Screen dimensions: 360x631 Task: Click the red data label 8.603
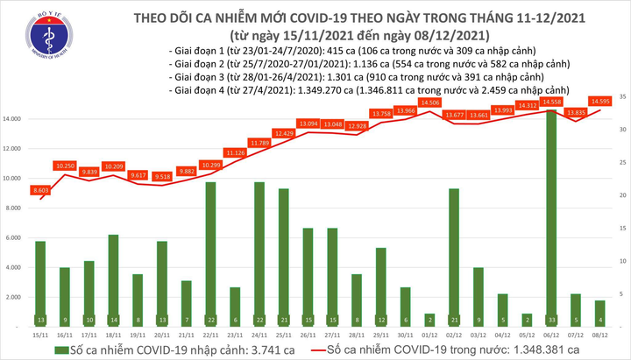tap(40, 190)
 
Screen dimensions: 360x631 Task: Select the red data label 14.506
tap(429, 102)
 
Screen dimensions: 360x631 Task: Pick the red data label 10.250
tap(66, 166)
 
